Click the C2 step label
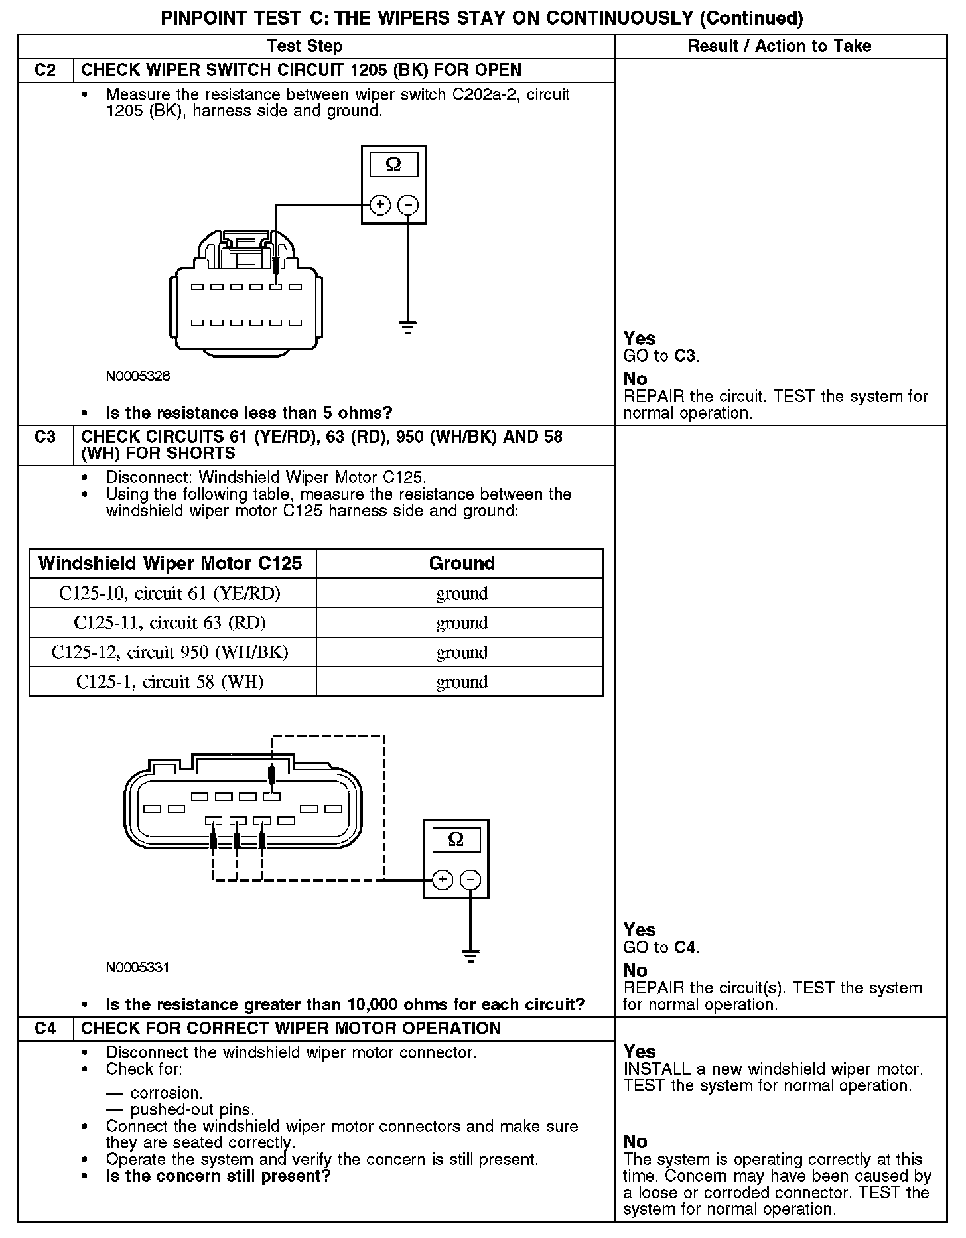[x=45, y=70]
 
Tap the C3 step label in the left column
[x=45, y=437]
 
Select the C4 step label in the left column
[x=45, y=1029]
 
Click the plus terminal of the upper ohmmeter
[x=379, y=205]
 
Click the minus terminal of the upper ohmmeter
[x=408, y=205]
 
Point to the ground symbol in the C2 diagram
[x=408, y=326]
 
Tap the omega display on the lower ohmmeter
[x=456, y=840]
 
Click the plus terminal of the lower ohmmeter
[x=443, y=880]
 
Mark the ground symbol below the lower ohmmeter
[x=470, y=957]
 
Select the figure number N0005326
[x=138, y=376]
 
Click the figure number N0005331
[x=138, y=967]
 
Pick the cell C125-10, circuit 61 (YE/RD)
[x=170, y=593]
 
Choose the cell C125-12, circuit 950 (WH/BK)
[x=170, y=652]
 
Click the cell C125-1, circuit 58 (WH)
[x=170, y=682]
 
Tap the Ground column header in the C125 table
[x=462, y=563]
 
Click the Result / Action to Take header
[x=780, y=46]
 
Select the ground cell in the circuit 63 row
[x=462, y=623]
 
